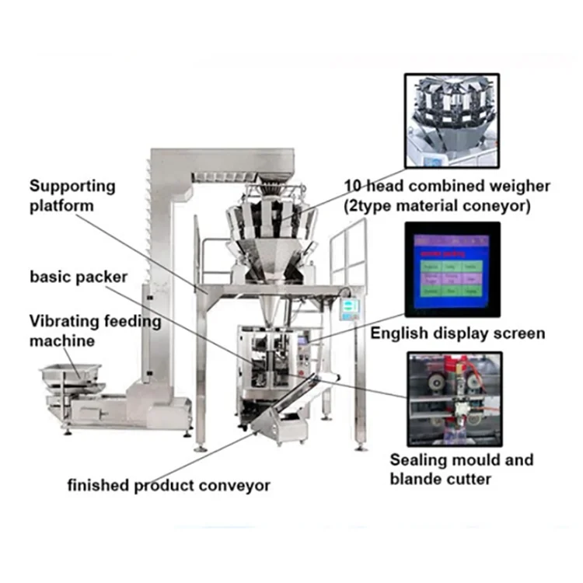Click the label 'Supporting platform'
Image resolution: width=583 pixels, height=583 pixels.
tap(72, 196)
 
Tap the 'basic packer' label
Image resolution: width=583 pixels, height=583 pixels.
tap(79, 277)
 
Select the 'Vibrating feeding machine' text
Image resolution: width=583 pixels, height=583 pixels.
tap(96, 330)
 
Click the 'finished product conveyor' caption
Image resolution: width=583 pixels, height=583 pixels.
tap(169, 486)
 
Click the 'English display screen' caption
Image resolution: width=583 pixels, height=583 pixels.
tap(457, 333)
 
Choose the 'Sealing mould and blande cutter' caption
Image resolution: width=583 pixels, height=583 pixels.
tap(462, 469)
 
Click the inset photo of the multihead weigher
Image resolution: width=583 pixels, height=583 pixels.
tap(451, 120)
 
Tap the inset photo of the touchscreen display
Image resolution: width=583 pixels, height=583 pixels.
tap(451, 268)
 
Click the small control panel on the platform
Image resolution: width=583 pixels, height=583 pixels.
tap(351, 306)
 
